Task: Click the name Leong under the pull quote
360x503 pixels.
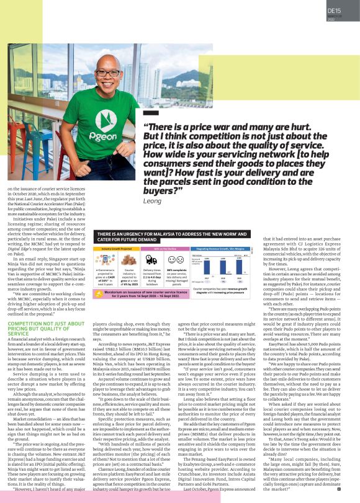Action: point(152,201)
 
